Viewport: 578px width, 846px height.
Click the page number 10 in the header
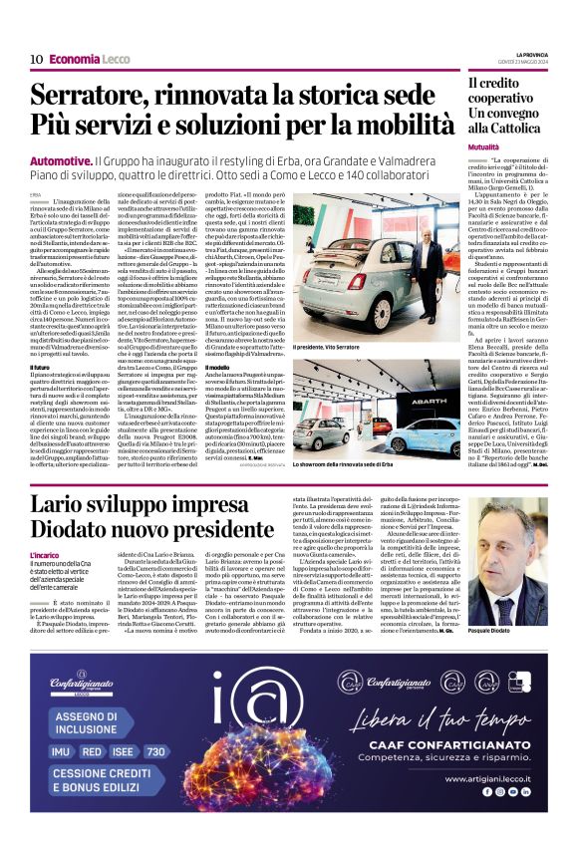point(35,59)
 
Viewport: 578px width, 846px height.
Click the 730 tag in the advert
point(156,751)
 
